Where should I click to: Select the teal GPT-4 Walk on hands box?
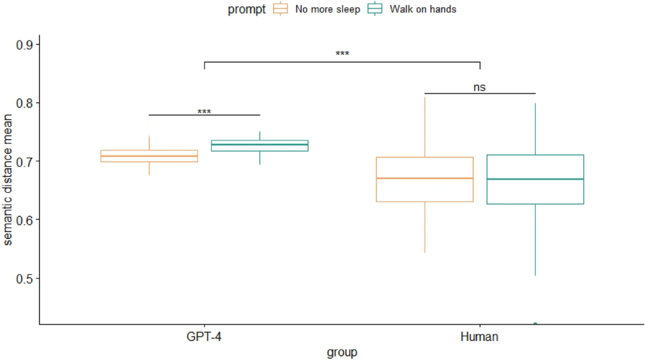pyautogui.click(x=259, y=146)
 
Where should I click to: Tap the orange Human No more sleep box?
pyautogui.click(x=425, y=179)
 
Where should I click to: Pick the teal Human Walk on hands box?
pyautogui.click(x=535, y=179)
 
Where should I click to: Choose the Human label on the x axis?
pyautogui.click(x=480, y=337)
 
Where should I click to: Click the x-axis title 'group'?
pyautogui.click(x=342, y=352)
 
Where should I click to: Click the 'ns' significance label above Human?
pyautogui.click(x=480, y=87)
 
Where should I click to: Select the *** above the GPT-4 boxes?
pyautogui.click(x=204, y=112)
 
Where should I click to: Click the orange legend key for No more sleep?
pyautogui.click(x=281, y=9)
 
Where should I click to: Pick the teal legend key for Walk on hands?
pyautogui.click(x=375, y=9)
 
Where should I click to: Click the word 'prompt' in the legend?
pyautogui.click(x=247, y=9)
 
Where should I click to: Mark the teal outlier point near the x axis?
pyautogui.click(x=535, y=324)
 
